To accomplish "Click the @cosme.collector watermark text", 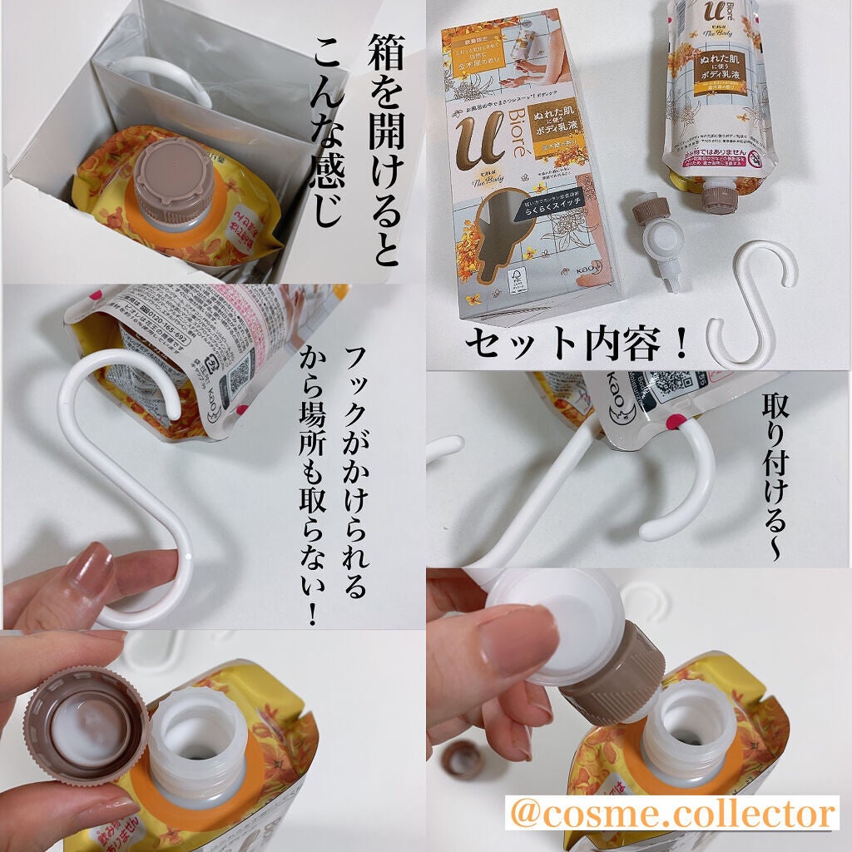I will (671, 814).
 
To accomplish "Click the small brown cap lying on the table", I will (463, 760).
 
